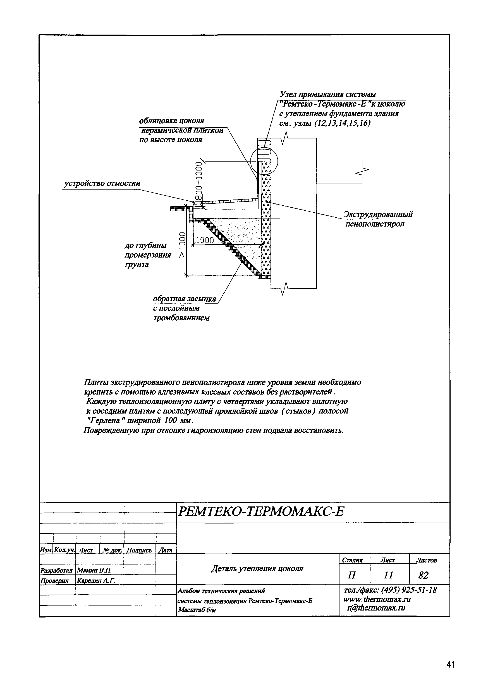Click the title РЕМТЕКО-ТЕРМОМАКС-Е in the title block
click(x=261, y=511)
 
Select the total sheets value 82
click(x=423, y=575)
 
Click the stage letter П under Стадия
click(x=351, y=575)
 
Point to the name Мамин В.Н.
click(x=94, y=570)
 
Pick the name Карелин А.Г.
click(x=96, y=580)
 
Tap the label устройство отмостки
click(x=102, y=184)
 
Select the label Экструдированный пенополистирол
click(x=378, y=219)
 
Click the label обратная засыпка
click(x=185, y=299)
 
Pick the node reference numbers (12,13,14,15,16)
click(x=342, y=123)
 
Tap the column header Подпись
click(x=139, y=550)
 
